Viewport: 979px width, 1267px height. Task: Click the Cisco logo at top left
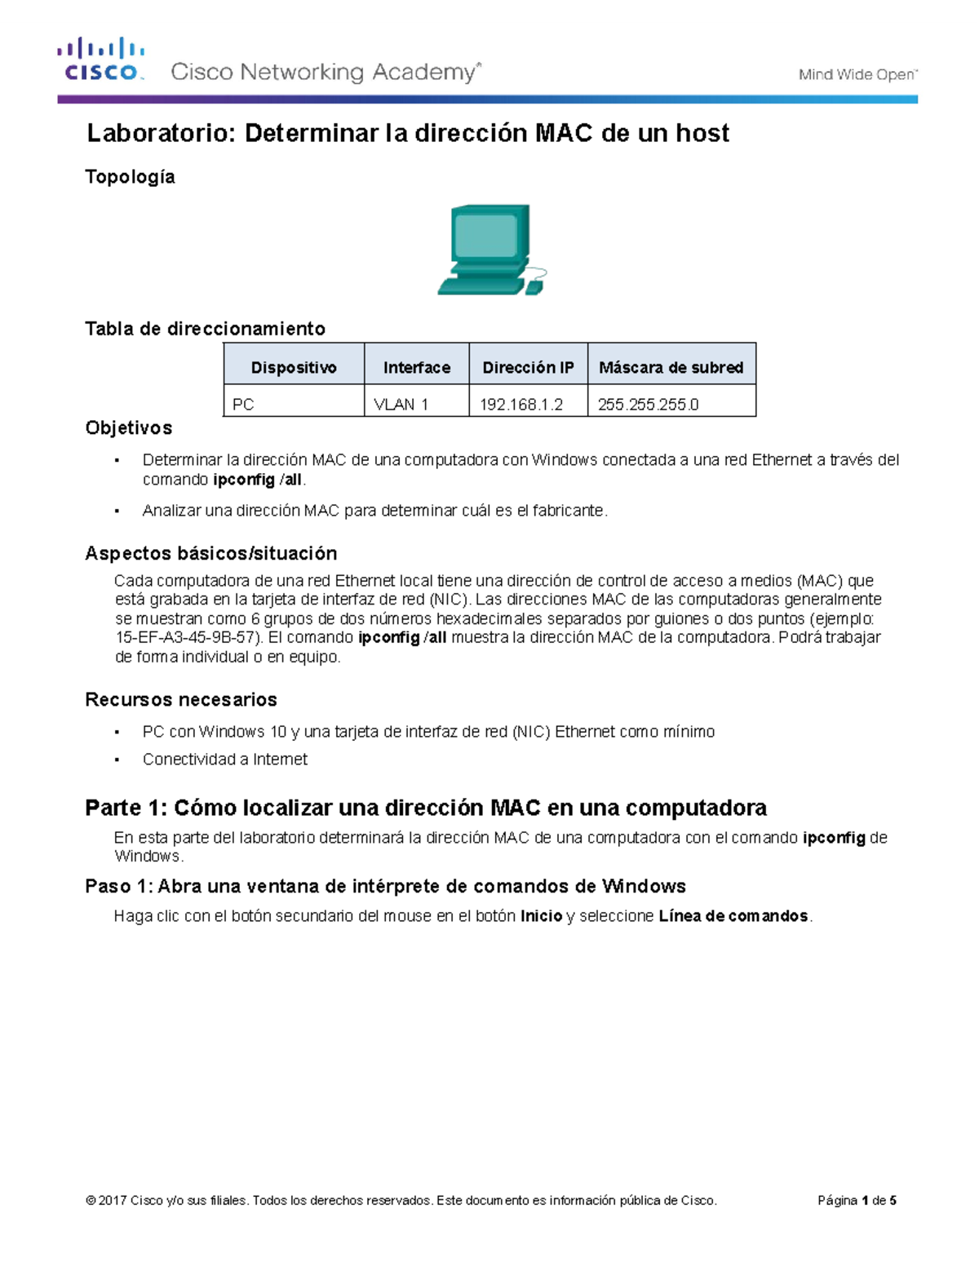point(100,60)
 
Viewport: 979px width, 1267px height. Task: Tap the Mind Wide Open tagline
point(857,74)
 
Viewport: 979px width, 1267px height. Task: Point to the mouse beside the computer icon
point(534,287)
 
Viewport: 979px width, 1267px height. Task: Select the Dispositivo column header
point(294,367)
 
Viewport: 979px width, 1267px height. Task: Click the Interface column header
point(417,367)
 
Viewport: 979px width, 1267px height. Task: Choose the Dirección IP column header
point(528,367)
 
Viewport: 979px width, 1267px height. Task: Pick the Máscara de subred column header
point(671,367)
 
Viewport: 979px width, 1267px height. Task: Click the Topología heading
point(130,177)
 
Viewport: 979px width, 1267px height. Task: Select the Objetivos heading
point(128,428)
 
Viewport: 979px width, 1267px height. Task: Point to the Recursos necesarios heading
point(180,699)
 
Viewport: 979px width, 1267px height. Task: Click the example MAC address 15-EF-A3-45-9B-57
point(185,637)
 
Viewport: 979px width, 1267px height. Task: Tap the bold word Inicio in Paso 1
point(541,916)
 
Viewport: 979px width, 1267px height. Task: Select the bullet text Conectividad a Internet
point(224,759)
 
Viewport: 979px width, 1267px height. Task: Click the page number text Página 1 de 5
point(857,1200)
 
